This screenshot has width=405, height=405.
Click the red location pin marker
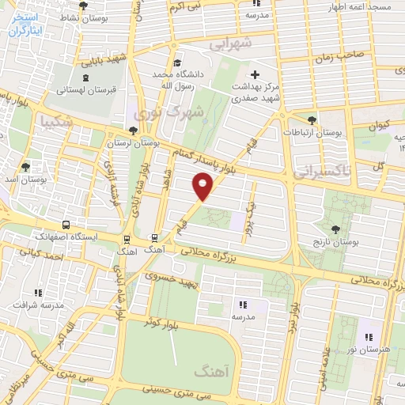[x=203, y=187]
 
